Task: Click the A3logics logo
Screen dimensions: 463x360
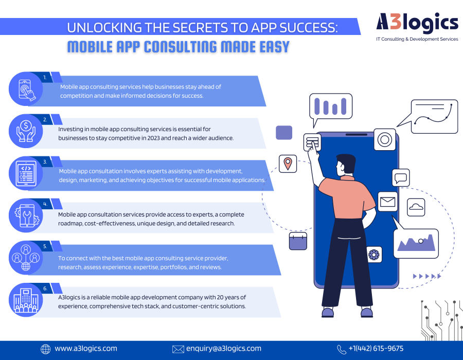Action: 417,27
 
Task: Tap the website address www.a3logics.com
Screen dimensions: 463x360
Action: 86,349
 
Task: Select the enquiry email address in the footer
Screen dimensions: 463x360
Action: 224,349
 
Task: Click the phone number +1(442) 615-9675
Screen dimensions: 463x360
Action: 376,349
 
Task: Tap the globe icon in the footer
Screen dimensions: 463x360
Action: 45,349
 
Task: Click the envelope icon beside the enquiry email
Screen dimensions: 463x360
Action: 178,349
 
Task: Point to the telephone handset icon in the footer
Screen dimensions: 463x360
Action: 342,349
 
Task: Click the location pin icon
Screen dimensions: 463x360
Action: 288,164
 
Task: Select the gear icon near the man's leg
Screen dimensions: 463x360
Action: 374,255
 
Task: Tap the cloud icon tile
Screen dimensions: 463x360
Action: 416,207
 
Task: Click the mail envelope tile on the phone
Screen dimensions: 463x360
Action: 388,202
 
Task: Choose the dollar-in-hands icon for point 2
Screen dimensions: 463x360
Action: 26,131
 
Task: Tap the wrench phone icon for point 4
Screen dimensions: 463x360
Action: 26,215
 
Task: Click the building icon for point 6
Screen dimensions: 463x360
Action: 26,300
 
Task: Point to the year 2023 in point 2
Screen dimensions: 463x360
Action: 153,138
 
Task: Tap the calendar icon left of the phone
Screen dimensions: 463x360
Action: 298,241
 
